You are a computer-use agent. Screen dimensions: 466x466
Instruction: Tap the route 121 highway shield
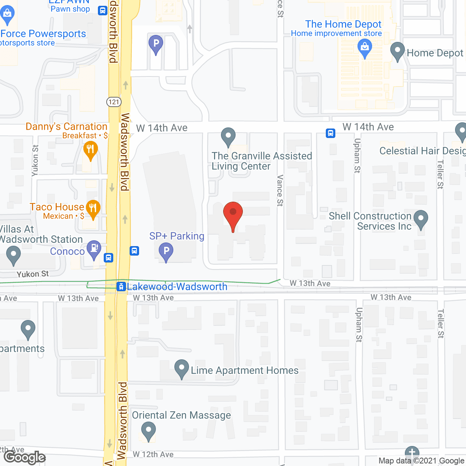point(114,102)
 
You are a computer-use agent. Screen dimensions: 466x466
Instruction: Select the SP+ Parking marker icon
point(166,252)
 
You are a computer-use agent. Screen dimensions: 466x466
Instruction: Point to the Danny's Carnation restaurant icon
point(90,150)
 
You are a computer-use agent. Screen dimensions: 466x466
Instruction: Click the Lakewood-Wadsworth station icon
point(121,287)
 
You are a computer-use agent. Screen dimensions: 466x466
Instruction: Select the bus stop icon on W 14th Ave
point(331,133)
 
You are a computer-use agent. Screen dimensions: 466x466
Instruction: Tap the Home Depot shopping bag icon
point(364,48)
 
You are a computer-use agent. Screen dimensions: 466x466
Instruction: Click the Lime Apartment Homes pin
point(181,368)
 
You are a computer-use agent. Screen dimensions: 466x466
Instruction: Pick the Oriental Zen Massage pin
point(148,431)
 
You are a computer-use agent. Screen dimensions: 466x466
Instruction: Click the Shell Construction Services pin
point(421,219)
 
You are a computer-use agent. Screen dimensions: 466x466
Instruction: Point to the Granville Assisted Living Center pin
point(228,137)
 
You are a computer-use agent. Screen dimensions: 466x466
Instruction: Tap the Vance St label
point(280,190)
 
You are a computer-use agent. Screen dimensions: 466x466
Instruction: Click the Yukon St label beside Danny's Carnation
point(35,161)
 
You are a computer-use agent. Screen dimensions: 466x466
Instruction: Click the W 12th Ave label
point(153,454)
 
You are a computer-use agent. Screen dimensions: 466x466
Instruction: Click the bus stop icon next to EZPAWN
point(103,11)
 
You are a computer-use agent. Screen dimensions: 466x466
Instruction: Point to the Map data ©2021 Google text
point(421,461)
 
